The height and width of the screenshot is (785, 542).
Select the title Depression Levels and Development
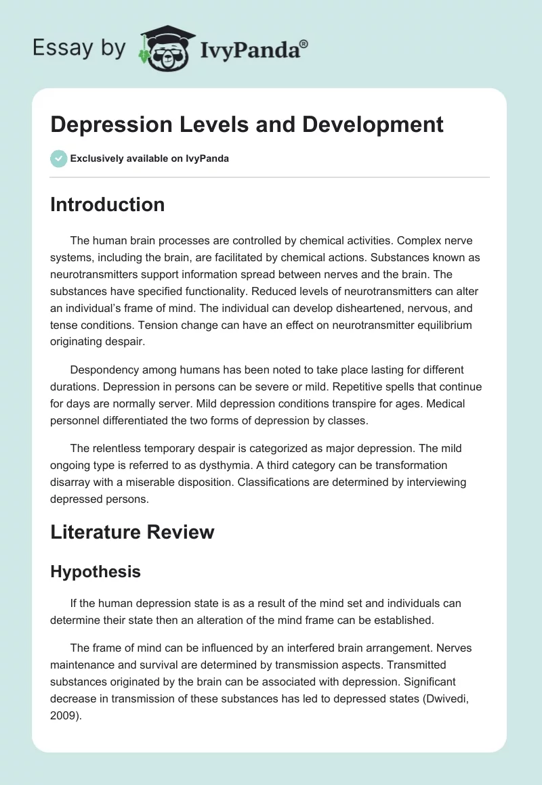tap(247, 125)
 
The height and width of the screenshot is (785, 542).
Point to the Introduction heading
tap(107, 204)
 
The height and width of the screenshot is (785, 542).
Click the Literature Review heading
tap(132, 532)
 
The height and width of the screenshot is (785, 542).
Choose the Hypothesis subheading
tap(96, 572)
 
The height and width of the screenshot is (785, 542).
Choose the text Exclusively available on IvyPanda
tap(150, 158)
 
